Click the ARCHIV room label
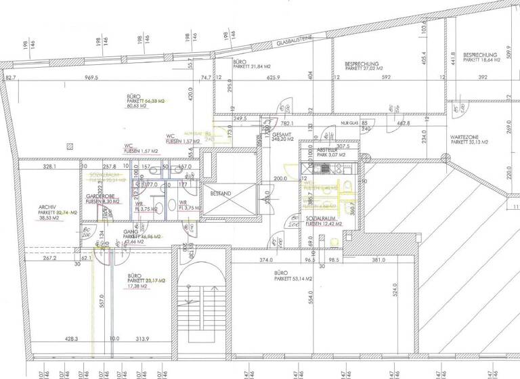pos(48,207)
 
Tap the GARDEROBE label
pos(99,196)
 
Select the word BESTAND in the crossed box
pos(221,194)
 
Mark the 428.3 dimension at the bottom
pos(72,338)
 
